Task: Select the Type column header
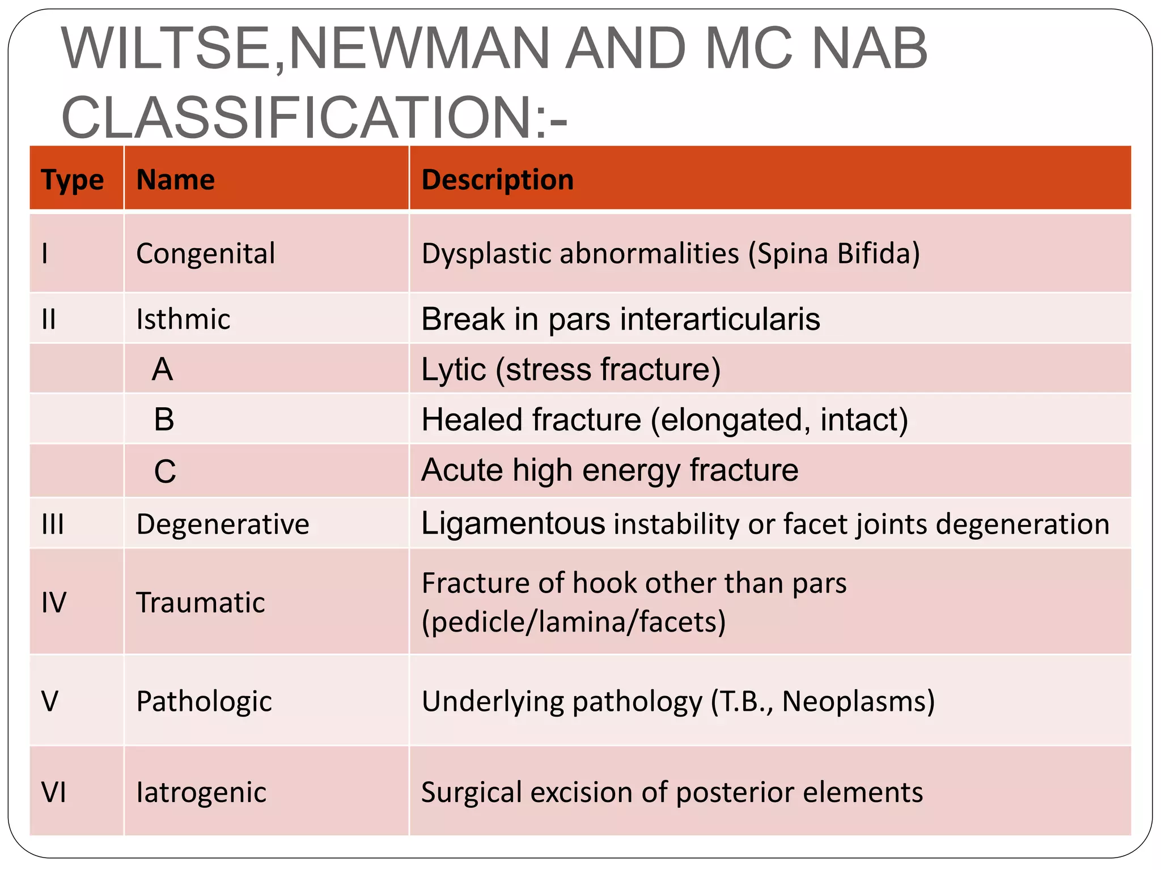[73, 180]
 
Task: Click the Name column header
[176, 180]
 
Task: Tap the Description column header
[498, 180]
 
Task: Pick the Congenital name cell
[205, 253]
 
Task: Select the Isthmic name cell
[183, 319]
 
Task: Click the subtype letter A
[162, 369]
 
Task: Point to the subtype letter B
[164, 420]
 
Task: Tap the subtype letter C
[165, 471]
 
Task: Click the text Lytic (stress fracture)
[571, 369]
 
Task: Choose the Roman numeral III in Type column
[53, 524]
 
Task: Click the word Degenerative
[223, 524]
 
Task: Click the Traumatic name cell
[200, 602]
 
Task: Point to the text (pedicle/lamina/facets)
[574, 622]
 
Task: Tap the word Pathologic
[204, 701]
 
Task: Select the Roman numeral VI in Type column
[54, 792]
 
